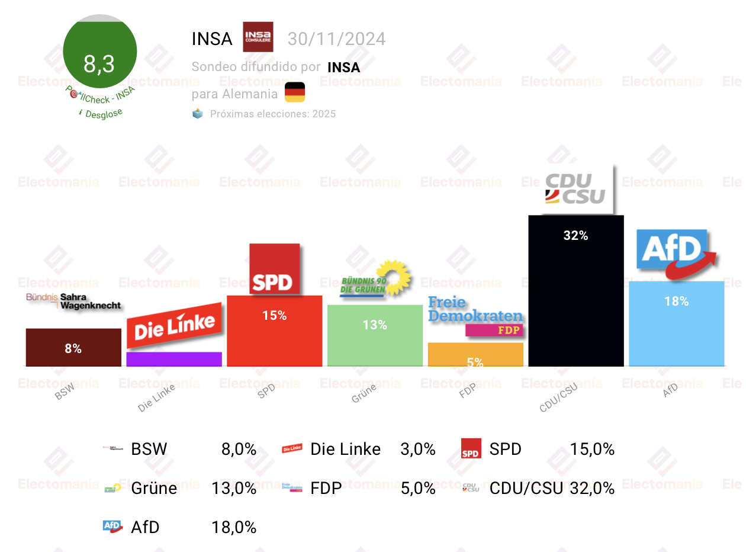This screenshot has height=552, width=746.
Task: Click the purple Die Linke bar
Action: coord(174,359)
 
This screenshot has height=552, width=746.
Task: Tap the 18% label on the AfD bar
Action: coord(676,301)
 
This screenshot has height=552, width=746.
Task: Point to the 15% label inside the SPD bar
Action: coord(275,316)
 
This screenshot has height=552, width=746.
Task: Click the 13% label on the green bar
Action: coord(375,325)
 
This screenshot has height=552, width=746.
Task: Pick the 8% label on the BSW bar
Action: coord(73,349)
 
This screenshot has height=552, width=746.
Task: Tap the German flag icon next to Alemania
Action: coord(295,93)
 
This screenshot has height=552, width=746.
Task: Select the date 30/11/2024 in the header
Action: coord(336,39)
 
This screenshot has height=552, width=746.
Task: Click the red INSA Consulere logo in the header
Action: coord(258,37)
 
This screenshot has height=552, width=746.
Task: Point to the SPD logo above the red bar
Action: coord(274,269)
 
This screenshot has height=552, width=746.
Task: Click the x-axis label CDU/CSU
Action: coord(558,397)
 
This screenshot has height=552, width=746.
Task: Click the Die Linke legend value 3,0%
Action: coord(418,450)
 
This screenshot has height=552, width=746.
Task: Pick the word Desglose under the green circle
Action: coord(103,114)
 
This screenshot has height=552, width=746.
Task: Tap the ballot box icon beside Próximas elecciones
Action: coord(198,114)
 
